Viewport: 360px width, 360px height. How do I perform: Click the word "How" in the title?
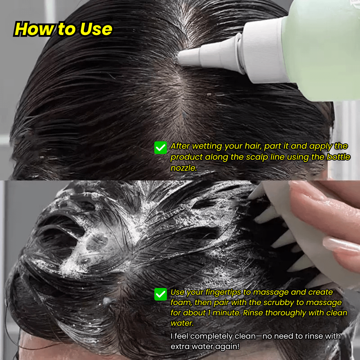(34, 29)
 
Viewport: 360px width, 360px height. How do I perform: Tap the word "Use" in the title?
(96, 29)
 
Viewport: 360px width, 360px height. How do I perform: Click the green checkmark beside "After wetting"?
(160, 148)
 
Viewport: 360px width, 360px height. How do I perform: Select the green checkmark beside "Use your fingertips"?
(160, 294)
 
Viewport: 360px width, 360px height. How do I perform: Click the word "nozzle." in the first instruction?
(183, 168)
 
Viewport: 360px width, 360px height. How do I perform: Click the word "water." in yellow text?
(182, 323)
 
